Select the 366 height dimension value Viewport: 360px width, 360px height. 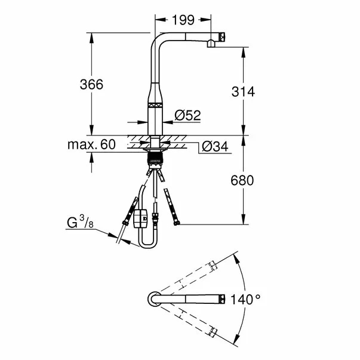click(91, 85)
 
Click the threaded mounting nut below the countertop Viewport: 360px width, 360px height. click(155, 159)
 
